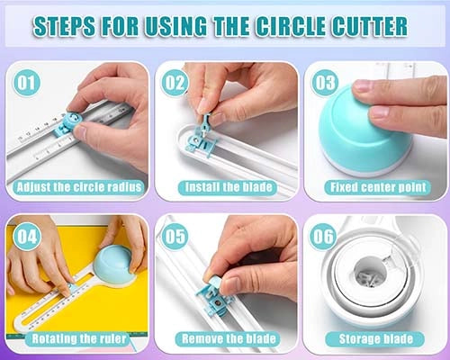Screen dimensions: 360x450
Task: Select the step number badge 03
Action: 323,82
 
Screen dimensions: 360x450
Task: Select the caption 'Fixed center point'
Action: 373,187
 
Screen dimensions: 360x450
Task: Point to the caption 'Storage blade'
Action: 373,338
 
